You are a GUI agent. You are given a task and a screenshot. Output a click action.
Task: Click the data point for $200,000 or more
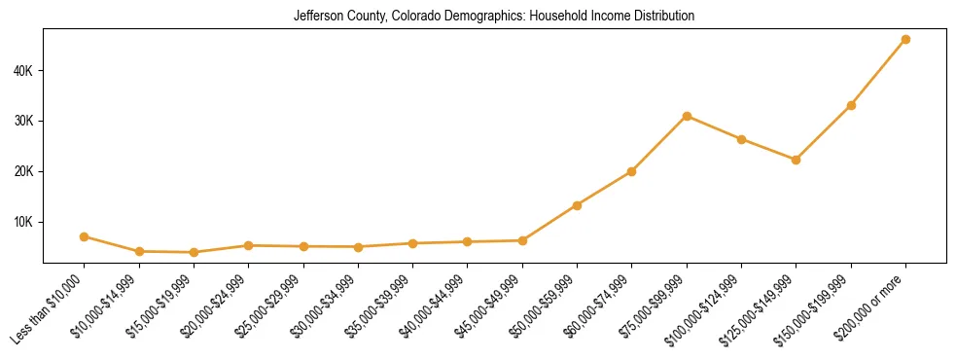click(x=905, y=40)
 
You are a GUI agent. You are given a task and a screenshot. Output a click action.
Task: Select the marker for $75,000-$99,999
click(x=687, y=116)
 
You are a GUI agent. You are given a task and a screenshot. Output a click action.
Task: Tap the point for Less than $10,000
click(x=85, y=236)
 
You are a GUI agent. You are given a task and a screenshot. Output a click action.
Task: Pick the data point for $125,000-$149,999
click(x=796, y=160)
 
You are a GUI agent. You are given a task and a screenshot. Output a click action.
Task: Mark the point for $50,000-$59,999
click(x=577, y=205)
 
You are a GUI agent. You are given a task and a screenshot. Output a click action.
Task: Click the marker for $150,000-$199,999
click(x=851, y=105)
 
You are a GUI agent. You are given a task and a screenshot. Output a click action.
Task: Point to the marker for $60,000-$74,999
click(x=632, y=171)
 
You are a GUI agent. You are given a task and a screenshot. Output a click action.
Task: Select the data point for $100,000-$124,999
click(x=741, y=139)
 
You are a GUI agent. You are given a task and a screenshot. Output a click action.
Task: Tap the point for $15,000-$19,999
click(x=194, y=252)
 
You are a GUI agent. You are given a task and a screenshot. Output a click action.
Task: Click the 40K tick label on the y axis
click(x=23, y=71)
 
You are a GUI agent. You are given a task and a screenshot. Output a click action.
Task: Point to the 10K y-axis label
click(x=23, y=222)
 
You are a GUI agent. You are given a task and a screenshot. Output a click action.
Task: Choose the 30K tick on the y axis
click(x=23, y=122)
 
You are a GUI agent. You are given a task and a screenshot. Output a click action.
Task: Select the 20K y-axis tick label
click(x=23, y=171)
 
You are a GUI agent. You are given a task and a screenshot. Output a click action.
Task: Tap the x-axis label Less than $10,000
click(x=50, y=308)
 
